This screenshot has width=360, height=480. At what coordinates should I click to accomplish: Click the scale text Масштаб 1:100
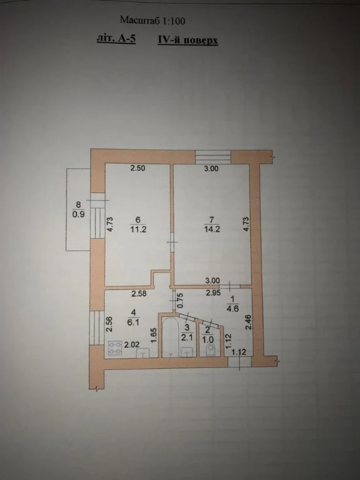point(152,21)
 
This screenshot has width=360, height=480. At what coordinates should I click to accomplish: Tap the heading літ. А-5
point(116,39)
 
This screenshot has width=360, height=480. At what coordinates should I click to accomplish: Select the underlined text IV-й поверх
point(188,40)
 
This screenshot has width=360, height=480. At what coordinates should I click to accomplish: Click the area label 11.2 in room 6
point(137,229)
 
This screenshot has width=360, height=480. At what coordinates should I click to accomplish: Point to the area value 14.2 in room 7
point(212,229)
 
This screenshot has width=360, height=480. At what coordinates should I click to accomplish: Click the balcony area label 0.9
point(78,214)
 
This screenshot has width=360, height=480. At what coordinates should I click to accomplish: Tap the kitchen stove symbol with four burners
point(115,348)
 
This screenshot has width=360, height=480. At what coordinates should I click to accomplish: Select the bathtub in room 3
point(169,337)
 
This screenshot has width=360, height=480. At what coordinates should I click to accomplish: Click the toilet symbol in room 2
point(211,350)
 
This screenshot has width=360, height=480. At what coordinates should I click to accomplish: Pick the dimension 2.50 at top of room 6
point(137,168)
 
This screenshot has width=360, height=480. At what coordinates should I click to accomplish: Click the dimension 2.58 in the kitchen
point(139,294)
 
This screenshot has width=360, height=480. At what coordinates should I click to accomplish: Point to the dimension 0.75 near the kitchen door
point(180,301)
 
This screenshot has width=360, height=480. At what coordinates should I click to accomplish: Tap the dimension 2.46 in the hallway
point(249,322)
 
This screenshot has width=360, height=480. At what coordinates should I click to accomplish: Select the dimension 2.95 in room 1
point(213,293)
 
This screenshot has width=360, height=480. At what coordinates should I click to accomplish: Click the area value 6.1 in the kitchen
point(133,322)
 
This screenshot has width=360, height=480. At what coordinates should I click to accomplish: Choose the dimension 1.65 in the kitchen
point(154,336)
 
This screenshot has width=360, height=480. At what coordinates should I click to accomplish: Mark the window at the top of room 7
point(213,157)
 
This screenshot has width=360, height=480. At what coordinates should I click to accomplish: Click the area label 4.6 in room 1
point(232,308)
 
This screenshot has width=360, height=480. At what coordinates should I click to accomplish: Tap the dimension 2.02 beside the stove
point(132,345)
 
